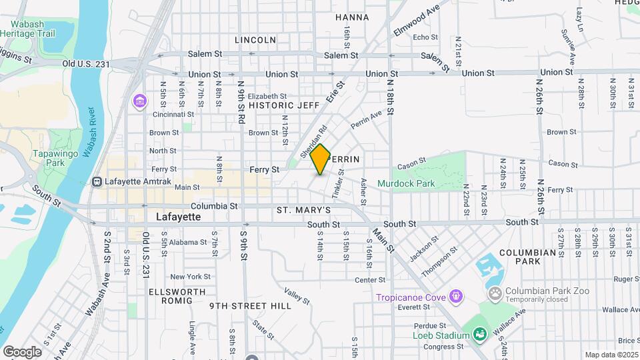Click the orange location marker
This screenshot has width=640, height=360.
click(321, 159)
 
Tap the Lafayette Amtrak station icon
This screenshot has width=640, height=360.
click(97, 181)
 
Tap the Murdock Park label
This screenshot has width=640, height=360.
click(405, 183)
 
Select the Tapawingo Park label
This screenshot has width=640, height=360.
click(47, 158)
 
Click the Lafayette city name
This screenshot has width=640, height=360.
click(178, 217)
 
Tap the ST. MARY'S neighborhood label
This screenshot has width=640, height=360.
click(304, 211)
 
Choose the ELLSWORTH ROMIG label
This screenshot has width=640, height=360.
click(171, 296)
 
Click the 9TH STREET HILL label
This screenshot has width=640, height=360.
click(250, 306)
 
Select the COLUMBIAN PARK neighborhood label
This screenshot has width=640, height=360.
click(527, 257)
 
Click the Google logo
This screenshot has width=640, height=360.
click(22, 351)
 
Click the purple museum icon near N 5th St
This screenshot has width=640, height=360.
click(139, 101)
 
